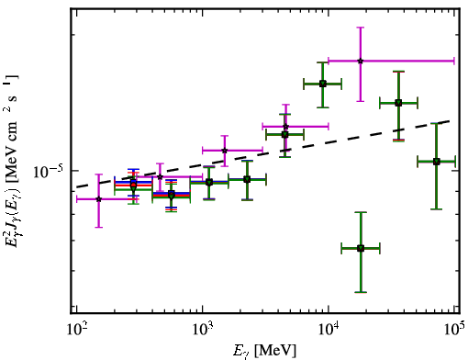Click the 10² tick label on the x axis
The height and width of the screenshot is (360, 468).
(76, 330)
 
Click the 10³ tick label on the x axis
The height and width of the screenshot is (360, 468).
(202, 330)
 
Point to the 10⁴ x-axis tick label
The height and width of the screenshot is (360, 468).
(329, 330)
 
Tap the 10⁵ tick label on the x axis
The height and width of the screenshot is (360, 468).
(454, 330)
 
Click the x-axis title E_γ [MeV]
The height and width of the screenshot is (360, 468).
(264, 350)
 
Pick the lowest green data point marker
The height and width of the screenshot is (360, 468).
(361, 248)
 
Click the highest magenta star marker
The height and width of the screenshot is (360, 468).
(361, 61)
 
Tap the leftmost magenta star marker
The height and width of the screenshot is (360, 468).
(98, 199)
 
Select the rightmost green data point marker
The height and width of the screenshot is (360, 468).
(437, 162)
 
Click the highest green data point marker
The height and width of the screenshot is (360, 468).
(323, 84)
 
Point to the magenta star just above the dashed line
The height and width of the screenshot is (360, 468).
(225, 151)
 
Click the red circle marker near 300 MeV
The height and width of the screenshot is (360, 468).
(133, 185)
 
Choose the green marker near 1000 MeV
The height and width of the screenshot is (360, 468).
(209, 183)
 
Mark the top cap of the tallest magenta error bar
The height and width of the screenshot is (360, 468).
(361, 28)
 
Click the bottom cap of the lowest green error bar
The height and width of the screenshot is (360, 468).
(361, 292)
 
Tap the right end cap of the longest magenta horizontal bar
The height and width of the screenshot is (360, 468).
(454, 61)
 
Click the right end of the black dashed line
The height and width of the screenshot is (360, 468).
(450, 120)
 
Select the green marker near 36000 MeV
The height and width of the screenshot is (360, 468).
(398, 103)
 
